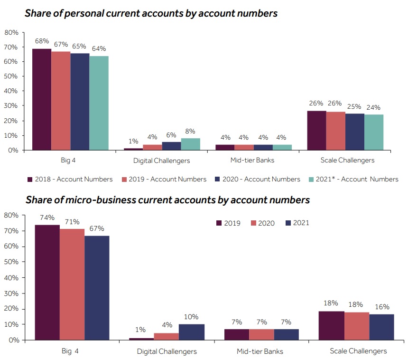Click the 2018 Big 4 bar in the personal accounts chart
pyautogui.click(x=42, y=99)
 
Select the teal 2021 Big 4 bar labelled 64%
pyautogui.click(x=99, y=103)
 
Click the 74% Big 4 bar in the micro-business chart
pyautogui.click(x=47, y=282)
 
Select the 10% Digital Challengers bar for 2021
pyautogui.click(x=192, y=332)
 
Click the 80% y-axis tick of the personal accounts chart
pyautogui.click(x=11, y=32)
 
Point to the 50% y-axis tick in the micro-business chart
pyautogui.click(x=11, y=262)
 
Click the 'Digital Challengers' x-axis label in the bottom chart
pyautogui.click(x=167, y=351)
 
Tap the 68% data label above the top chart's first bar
pyautogui.click(x=42, y=41)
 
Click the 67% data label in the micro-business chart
pyautogui.click(x=97, y=228)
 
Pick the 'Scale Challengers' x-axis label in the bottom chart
pyautogui.click(x=358, y=351)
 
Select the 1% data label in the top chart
pyautogui.click(x=133, y=141)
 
